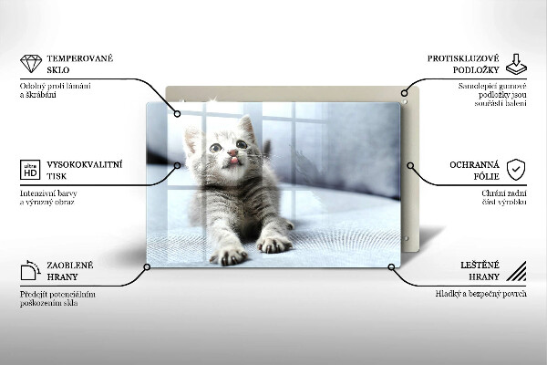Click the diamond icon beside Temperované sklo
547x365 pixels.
[x=31, y=64]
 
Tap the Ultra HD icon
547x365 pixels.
[x=30, y=170]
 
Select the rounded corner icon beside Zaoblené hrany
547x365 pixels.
[x=30, y=270]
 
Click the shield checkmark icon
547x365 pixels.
[x=516, y=170]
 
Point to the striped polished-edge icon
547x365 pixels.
[x=516, y=270]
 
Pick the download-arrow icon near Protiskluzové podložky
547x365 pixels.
[x=516, y=64]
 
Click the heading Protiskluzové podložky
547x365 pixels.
[x=461, y=64]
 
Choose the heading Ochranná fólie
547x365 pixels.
[x=471, y=170]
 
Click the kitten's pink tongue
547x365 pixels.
[x=232, y=161]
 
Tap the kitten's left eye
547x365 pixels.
[x=215, y=146]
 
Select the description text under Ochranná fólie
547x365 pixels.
[x=504, y=199]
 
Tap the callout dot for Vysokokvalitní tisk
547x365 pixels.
[x=180, y=165]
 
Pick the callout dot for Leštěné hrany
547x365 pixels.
[x=392, y=267]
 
